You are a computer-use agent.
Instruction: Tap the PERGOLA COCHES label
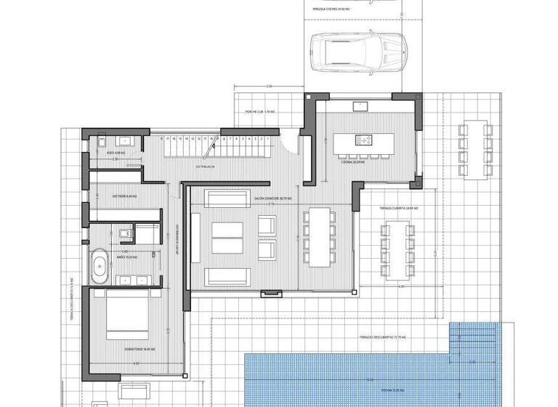click(331, 10)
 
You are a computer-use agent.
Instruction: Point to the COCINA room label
click(352, 163)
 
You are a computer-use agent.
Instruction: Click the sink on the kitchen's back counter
click(360, 107)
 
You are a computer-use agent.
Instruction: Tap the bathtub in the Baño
click(100, 267)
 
